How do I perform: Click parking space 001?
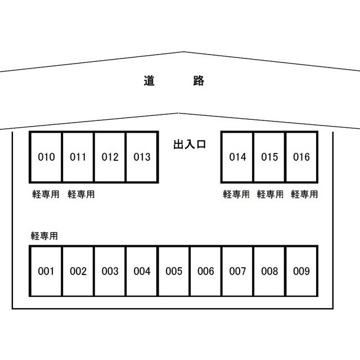pyautogui.click(x=46, y=272)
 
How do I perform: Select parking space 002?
pyautogui.click(x=78, y=272)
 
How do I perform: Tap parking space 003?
pyautogui.click(x=110, y=272)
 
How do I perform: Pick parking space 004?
pyautogui.click(x=142, y=272)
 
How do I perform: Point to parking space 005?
pyautogui.click(x=174, y=272)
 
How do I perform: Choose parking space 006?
pyautogui.click(x=206, y=272)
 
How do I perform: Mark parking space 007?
pyautogui.click(x=238, y=272)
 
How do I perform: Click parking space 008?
pyautogui.click(x=270, y=272)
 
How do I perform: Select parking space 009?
pyautogui.click(x=301, y=272)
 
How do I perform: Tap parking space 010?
pyautogui.click(x=46, y=157)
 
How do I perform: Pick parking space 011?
pyautogui.click(x=78, y=157)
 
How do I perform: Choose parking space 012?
pyautogui.click(x=110, y=157)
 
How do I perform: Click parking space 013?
pyautogui.click(x=142, y=157)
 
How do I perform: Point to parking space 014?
pyautogui.click(x=237, y=157)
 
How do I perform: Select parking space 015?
pyautogui.click(x=269, y=157)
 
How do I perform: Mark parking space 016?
pyautogui.click(x=301, y=157)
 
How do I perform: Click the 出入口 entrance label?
pyautogui.click(x=190, y=145)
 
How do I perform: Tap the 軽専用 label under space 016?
pyautogui.click(x=304, y=195)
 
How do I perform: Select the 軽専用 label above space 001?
pyautogui.click(x=45, y=236)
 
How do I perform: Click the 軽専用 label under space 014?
pyautogui.click(x=236, y=195)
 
